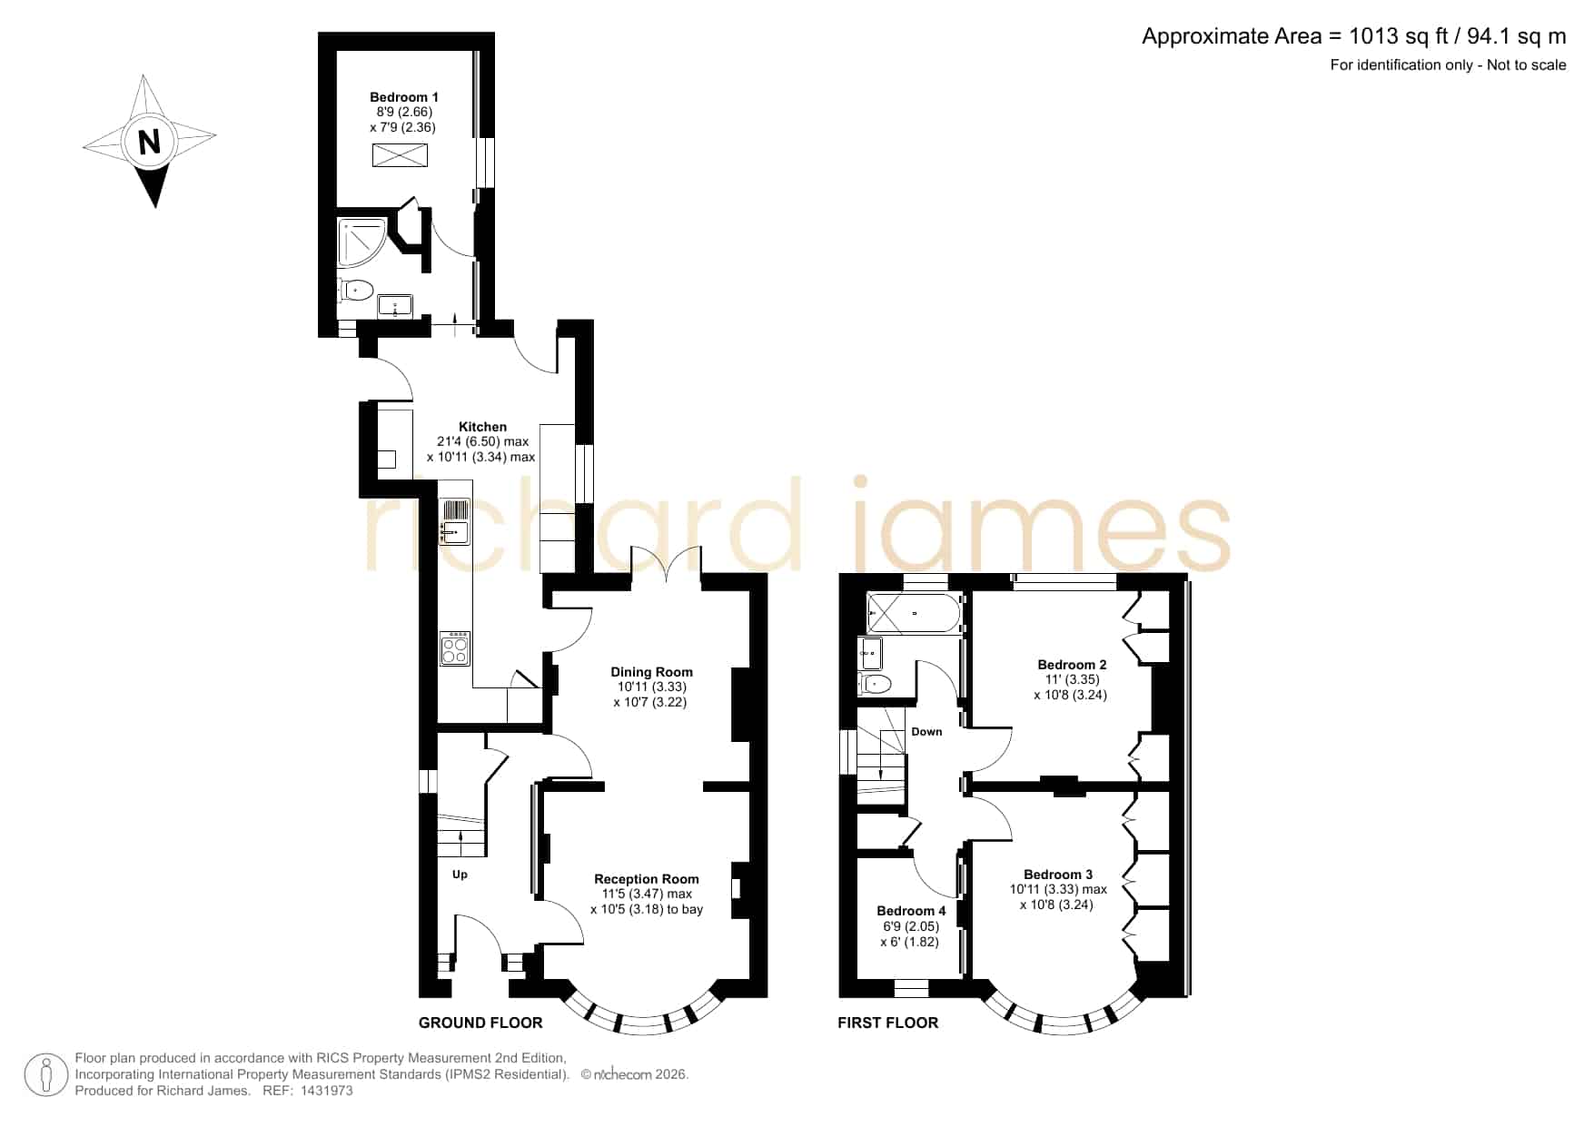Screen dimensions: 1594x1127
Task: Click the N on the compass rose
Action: [x=149, y=142]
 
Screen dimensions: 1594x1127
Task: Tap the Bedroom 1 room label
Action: [x=404, y=97]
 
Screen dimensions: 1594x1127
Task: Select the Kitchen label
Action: [x=482, y=427]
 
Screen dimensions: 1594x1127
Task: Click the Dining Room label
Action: [x=651, y=672]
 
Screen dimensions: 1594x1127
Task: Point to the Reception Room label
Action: [x=647, y=879]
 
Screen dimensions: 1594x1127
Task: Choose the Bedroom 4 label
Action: [x=911, y=911]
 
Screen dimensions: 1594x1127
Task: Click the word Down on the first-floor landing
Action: [x=926, y=732]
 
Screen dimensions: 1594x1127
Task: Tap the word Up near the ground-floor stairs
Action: [x=460, y=875]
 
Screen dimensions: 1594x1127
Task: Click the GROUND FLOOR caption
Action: [x=480, y=1023]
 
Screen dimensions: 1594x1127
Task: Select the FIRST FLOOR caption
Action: [x=887, y=1023]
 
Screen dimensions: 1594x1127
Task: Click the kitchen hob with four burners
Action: [x=455, y=648]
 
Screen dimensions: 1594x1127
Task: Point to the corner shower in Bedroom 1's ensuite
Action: [x=362, y=243]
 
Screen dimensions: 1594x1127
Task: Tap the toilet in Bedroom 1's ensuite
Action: [x=356, y=291]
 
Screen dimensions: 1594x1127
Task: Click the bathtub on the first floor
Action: [x=915, y=614]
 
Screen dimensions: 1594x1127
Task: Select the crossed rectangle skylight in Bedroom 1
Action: [x=400, y=155]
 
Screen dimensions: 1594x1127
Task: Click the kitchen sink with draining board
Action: [x=455, y=522]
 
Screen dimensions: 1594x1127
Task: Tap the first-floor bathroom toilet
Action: [x=875, y=683]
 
